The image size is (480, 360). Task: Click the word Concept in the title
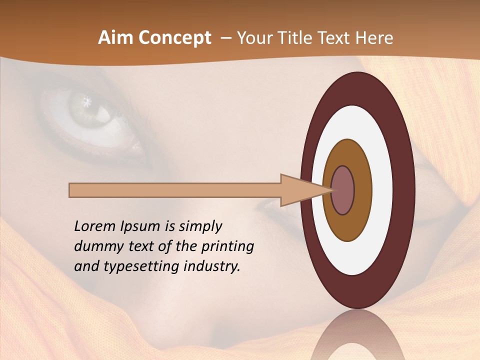(174, 38)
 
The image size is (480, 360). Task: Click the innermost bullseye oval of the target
(342, 190)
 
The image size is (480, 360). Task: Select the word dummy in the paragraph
(95, 246)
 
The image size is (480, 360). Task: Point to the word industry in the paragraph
(211, 266)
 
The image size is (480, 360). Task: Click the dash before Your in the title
(225, 38)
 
